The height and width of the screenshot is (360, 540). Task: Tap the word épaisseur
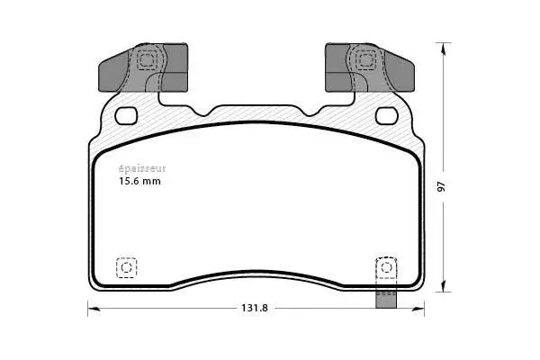point(142,167)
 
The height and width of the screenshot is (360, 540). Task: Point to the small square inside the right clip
point(366,60)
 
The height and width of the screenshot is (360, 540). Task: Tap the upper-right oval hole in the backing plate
point(388,114)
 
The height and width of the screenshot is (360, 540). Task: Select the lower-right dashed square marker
point(384,267)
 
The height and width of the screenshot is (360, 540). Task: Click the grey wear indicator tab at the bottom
point(387,299)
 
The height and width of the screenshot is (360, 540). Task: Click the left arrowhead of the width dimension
point(90,307)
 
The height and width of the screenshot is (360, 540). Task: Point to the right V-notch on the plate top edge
point(310,112)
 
